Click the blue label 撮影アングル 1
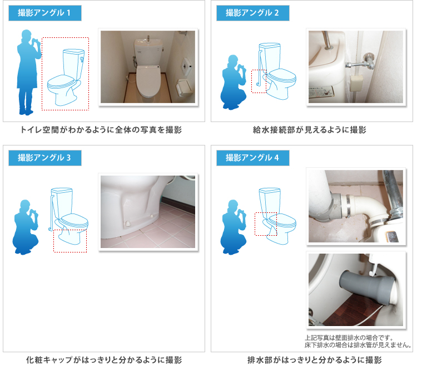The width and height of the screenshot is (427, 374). coord(45,13)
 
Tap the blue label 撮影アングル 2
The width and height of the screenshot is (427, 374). coord(253,13)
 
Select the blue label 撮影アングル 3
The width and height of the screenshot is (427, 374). coord(45,158)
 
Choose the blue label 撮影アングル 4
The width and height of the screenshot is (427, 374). coord(253,158)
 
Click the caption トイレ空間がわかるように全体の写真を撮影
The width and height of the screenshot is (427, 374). coord(101,130)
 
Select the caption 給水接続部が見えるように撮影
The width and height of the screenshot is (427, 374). coord(309,130)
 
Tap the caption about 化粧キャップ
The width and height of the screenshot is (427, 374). coord(104,360)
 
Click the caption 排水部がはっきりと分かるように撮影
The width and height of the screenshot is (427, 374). coord(315,360)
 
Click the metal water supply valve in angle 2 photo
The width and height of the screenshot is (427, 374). coord(362,63)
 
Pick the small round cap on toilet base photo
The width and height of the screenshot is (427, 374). coord(127,224)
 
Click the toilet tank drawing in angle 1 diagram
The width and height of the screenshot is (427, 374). coord(73,64)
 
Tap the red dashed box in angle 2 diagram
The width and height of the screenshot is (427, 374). coord(259,81)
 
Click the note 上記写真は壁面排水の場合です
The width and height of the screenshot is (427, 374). coord(349,338)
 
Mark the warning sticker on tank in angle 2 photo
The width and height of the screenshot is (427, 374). coord(321,92)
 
